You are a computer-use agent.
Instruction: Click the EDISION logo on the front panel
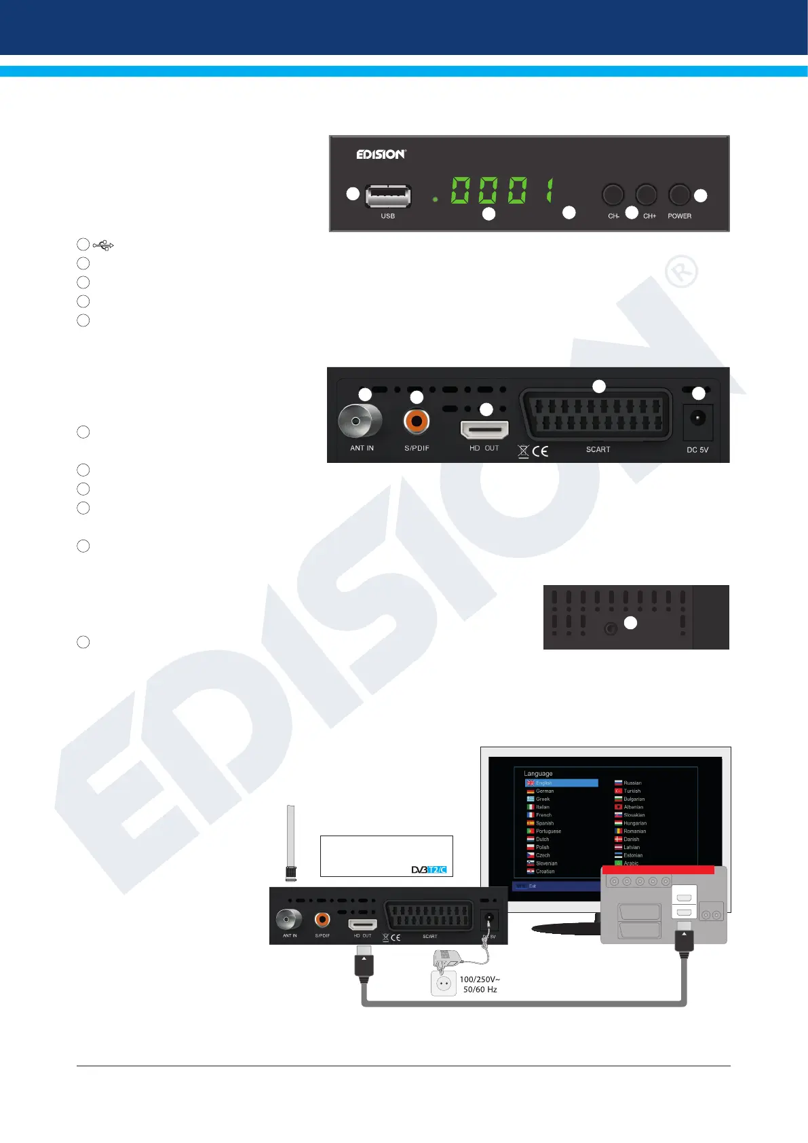[381, 154]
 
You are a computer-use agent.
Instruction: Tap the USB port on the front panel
[388, 196]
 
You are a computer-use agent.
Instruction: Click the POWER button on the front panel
[678, 195]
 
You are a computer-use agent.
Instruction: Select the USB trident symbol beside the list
[103, 244]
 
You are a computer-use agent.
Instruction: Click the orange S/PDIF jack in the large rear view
[417, 421]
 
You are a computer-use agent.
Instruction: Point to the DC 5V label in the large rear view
[697, 450]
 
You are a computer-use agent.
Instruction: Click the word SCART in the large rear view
[598, 449]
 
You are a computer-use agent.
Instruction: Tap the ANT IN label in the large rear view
[362, 449]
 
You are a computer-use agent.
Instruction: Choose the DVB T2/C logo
[429, 869]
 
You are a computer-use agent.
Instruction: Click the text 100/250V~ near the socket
[480, 979]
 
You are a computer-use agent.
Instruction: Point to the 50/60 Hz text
[480, 990]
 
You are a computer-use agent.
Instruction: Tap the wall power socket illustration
[444, 983]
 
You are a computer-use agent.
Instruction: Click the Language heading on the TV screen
[538, 774]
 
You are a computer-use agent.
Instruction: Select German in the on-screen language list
[545, 791]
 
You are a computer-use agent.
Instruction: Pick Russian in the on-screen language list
[632, 783]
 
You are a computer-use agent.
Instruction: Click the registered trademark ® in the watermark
[680, 271]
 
